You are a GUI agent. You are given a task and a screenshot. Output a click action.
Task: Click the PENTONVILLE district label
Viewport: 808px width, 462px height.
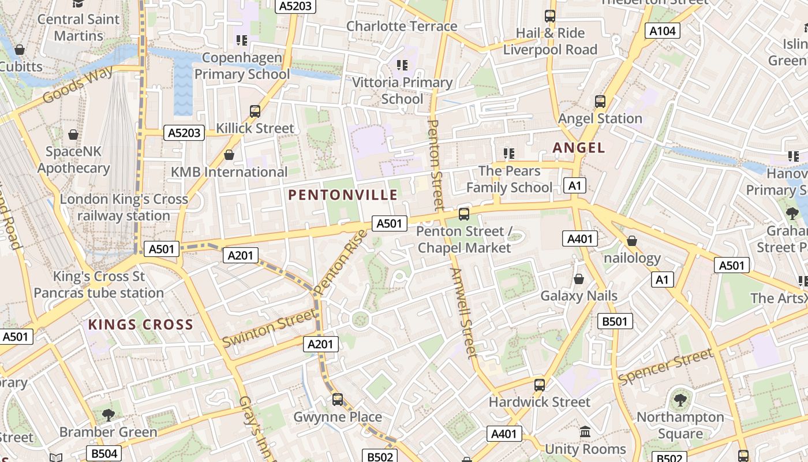343,195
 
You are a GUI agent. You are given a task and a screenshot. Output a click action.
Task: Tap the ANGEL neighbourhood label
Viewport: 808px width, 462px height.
579,148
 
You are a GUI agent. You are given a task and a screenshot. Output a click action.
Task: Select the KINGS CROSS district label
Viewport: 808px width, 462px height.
140,325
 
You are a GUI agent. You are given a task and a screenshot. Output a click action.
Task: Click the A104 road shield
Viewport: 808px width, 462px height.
662,31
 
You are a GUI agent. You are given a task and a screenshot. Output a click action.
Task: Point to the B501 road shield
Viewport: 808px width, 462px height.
615,321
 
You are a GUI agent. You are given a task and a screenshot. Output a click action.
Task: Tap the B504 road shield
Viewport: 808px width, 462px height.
104,453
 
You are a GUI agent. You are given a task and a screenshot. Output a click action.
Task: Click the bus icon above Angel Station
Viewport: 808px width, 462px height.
600,102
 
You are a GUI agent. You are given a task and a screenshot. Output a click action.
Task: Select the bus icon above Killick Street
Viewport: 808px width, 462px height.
255,111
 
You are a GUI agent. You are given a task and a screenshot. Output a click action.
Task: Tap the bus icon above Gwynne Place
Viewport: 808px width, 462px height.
338,399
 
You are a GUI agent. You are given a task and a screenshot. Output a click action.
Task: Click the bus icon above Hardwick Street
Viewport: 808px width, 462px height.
540,385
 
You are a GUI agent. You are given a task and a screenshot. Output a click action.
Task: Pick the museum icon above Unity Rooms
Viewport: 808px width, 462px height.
585,432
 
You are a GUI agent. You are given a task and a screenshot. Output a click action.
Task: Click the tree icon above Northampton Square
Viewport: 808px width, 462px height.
680,400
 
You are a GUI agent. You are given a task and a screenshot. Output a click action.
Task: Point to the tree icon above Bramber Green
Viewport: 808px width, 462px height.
108,415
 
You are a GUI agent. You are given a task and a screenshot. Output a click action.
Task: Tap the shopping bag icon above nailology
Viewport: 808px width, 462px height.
632,241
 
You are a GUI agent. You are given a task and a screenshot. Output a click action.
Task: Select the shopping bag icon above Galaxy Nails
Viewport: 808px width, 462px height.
579,280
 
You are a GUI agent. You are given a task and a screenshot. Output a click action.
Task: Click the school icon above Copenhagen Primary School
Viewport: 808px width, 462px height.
241,40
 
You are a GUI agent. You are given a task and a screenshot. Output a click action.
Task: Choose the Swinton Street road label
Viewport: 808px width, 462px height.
269,328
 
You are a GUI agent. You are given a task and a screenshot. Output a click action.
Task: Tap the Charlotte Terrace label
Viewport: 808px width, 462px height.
402,26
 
